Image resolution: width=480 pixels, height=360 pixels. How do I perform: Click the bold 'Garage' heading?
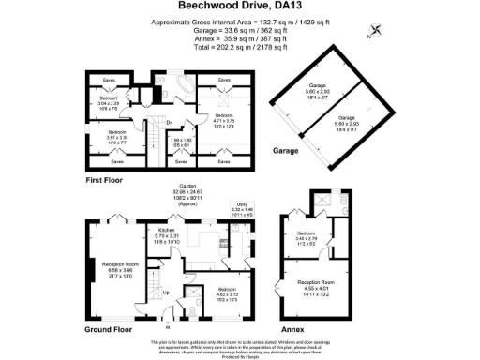[x=286, y=150]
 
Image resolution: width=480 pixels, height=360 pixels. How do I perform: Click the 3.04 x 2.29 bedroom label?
[x=109, y=100]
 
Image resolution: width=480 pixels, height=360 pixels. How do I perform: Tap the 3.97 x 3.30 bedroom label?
[x=117, y=138]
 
